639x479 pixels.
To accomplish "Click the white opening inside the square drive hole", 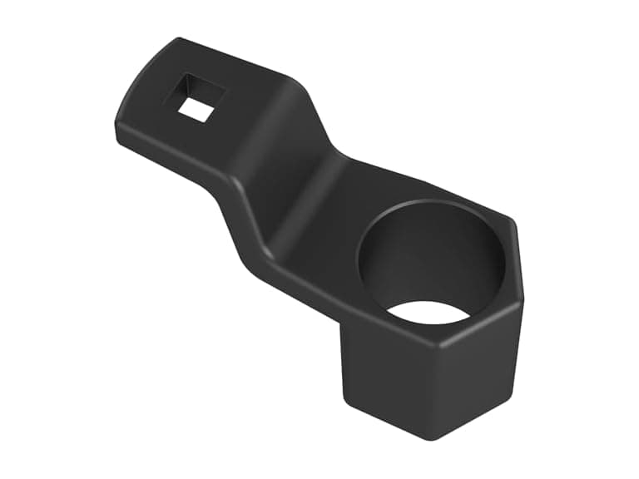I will click(196, 108).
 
